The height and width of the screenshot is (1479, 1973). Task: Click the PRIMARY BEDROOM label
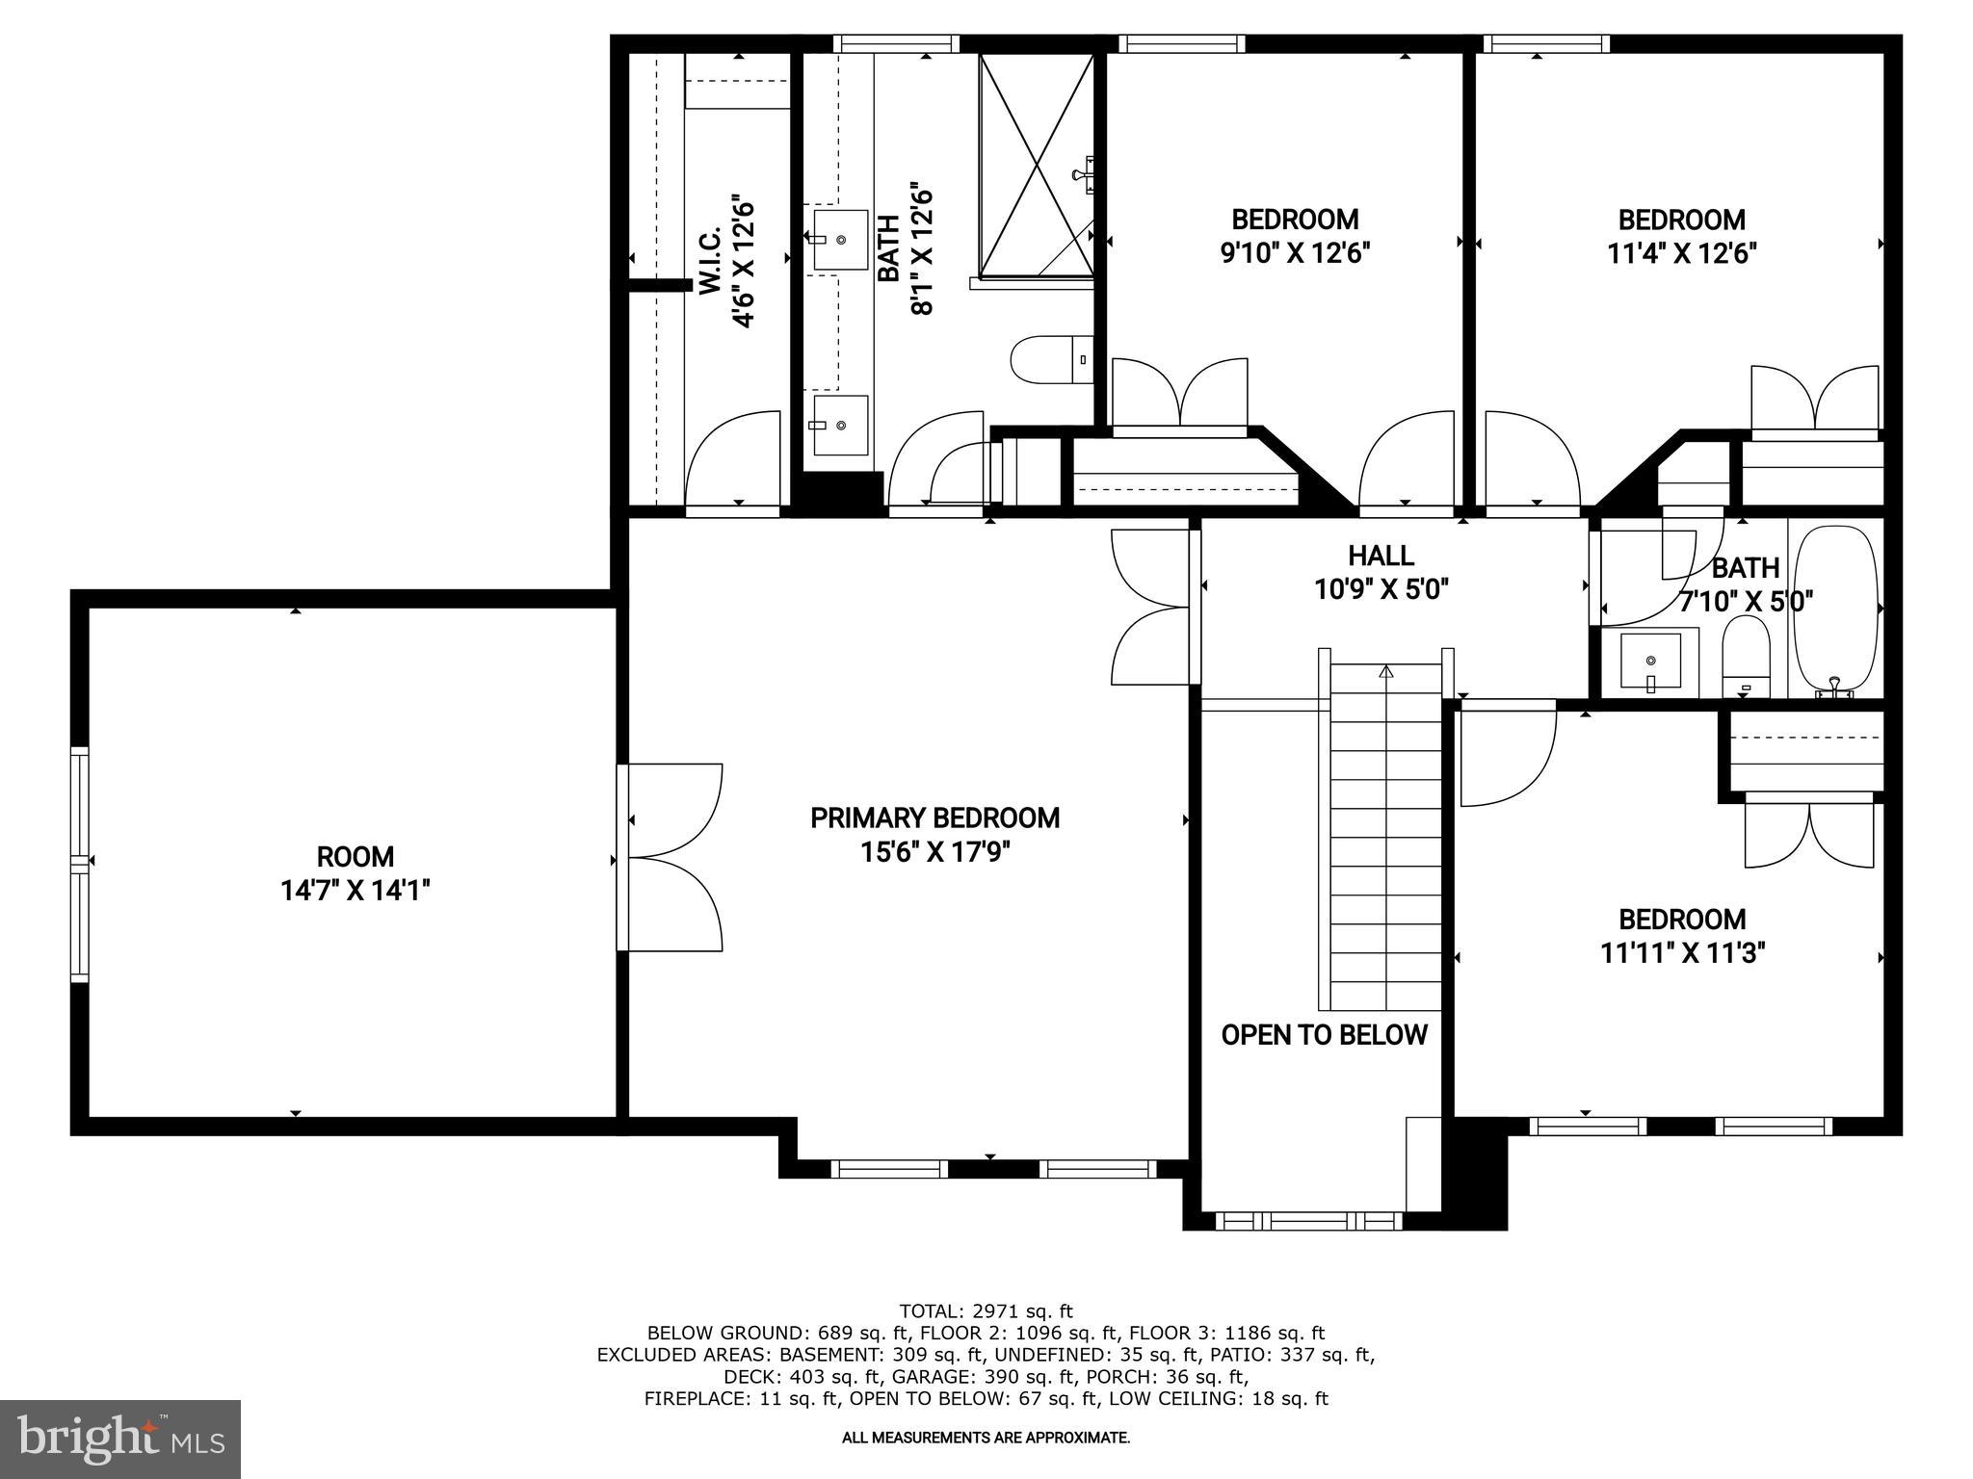(934, 818)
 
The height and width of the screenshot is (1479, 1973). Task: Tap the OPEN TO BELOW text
(1324, 1035)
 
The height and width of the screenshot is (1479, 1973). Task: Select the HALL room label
(1381, 556)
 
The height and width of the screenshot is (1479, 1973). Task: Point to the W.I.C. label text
(710, 261)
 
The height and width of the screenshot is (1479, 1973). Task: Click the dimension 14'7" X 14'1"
(355, 891)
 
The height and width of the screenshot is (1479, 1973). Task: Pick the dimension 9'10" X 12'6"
(1295, 253)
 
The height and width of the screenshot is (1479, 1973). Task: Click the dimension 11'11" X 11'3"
(1682, 953)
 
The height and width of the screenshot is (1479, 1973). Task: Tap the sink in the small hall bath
(1650, 661)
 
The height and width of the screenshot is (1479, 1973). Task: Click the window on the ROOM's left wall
(79, 864)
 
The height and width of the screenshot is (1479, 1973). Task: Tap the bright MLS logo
(120, 1439)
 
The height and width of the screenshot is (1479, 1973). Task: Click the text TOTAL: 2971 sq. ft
(985, 1310)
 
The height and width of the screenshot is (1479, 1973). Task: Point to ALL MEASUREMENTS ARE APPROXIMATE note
(986, 1438)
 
